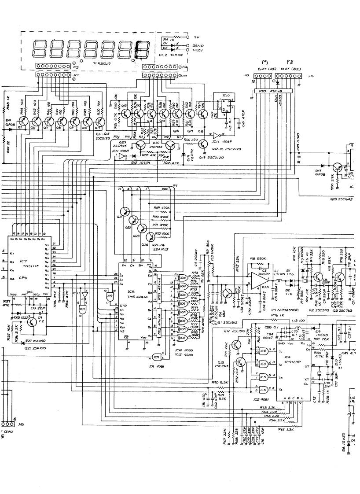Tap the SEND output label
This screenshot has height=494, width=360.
[x=198, y=45]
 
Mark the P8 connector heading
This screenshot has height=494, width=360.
[x=289, y=63]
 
